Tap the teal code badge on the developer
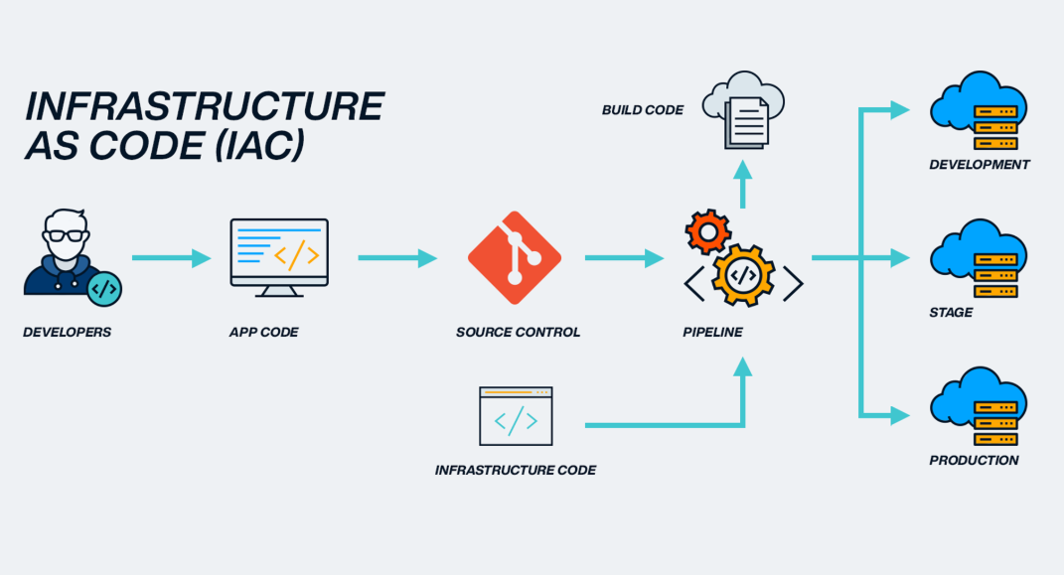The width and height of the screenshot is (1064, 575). coord(104,288)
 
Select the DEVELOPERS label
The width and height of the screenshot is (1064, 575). coord(68,333)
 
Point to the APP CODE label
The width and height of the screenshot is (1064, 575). coord(263,333)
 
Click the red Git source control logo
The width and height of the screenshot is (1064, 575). coord(515,257)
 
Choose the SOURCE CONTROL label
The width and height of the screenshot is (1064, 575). coord(518,333)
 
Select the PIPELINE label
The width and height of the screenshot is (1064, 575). coord(712,333)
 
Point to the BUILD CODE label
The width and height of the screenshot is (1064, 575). coord(643,110)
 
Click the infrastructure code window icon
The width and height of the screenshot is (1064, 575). coord(516,416)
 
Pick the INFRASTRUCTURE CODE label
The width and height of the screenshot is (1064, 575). coord(516,470)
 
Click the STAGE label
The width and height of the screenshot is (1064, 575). coord(951,313)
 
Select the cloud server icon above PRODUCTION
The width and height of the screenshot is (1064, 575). coord(979,405)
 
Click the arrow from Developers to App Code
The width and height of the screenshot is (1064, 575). coord(171,258)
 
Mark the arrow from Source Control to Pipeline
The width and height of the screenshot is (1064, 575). coord(624,258)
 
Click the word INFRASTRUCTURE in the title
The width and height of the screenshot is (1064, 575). coord(204,106)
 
